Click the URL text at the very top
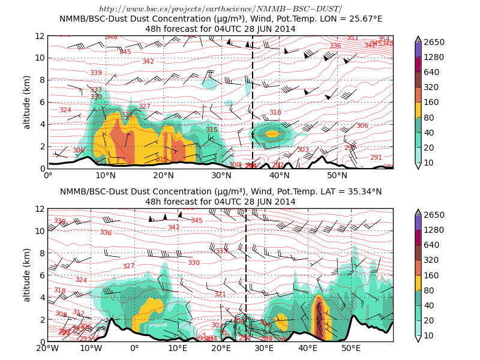[x=221, y=8]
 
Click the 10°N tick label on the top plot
[x=106, y=175]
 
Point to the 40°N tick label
[x=280, y=175]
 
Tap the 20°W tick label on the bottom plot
[x=48, y=348]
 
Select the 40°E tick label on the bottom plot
[x=308, y=348]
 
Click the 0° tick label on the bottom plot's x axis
[x=134, y=348]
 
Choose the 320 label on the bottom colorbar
[x=434, y=260]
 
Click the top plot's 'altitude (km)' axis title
[x=27, y=102]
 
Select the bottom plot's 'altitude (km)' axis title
[x=27, y=275]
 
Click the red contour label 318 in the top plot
[x=275, y=112]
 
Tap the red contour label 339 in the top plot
[x=95, y=73]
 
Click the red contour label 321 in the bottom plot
[x=220, y=294]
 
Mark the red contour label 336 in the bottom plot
[x=106, y=233]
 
